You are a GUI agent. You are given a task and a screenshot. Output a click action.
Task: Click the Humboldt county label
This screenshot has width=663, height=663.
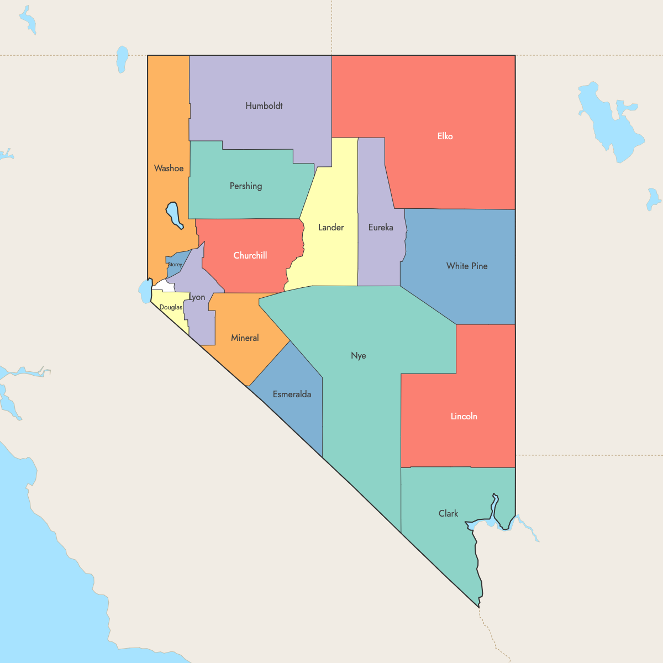point(264,106)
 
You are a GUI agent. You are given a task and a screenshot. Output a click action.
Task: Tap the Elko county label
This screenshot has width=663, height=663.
point(445,136)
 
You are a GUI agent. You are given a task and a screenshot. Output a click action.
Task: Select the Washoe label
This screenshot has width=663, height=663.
point(169,168)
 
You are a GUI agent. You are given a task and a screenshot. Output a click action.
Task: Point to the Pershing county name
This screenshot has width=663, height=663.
point(246,186)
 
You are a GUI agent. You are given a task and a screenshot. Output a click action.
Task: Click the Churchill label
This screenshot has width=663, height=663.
point(250,255)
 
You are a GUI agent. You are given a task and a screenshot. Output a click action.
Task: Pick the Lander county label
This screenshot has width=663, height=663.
point(331,227)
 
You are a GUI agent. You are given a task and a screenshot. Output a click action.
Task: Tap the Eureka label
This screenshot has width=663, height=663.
point(381,227)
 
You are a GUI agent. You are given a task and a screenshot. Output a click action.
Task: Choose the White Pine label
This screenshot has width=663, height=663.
point(467,266)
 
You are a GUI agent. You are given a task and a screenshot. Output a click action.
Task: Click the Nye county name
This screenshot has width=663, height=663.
point(359,355)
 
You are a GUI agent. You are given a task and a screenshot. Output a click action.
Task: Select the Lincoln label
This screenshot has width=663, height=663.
point(464,416)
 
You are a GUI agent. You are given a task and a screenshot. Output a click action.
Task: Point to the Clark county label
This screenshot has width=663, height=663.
point(448,513)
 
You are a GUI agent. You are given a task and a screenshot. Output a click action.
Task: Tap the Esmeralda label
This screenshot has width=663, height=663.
point(292,394)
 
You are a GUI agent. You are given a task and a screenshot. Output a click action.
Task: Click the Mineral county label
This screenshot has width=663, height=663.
point(245,338)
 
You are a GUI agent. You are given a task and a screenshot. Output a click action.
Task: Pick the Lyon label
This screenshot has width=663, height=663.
point(197,297)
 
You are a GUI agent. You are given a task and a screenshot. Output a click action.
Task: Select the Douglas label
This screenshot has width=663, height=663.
point(171,307)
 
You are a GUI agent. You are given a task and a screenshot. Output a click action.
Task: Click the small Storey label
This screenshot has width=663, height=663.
point(175,265)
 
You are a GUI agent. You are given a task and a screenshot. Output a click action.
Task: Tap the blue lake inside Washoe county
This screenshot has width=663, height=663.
point(173,214)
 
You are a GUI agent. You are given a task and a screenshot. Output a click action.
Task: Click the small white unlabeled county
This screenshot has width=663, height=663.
point(164,287)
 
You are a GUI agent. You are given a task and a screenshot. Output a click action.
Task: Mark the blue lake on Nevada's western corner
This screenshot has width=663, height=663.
point(145,291)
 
